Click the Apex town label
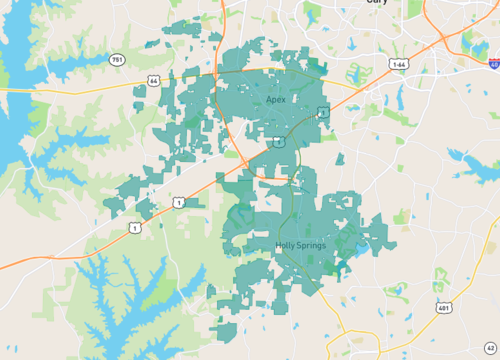tap(276, 101)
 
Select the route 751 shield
tap(118, 60)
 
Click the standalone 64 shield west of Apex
tap(153, 80)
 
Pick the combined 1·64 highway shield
tap(399, 64)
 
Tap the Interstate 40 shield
tap(494, 63)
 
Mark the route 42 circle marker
tap(490, 346)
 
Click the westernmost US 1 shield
tap(135, 227)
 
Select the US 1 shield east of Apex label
tap(323, 113)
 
